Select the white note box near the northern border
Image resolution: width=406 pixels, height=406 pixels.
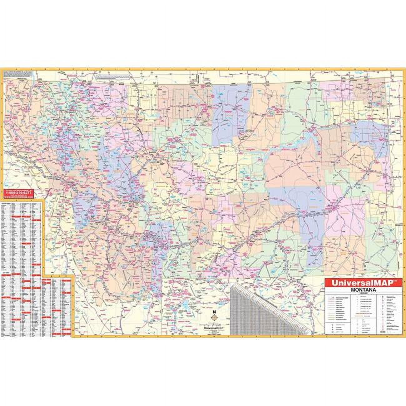click(112, 76)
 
